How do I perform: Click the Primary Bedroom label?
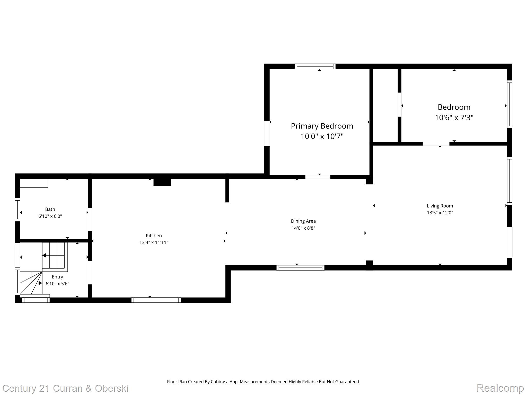pos(322,126)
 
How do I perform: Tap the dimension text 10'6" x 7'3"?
pos(454,118)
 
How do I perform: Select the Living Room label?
pos(440,206)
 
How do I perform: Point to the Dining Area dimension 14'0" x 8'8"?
pos(303,228)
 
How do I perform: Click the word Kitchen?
pos(154,236)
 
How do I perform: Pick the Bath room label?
pos(50,209)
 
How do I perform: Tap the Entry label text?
pos(57,277)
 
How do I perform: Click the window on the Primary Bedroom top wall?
pos(315,66)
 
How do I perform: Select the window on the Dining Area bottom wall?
pos(300,268)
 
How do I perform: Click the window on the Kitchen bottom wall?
pos(156,300)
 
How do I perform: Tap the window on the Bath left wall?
pos(17,210)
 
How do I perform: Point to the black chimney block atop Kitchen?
pos(162,182)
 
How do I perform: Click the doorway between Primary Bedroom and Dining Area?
pos(318,177)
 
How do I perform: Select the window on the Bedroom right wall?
pos(510,104)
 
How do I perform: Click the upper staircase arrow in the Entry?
pos(44,255)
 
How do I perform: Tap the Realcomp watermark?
pos(500,388)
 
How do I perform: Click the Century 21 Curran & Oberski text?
pos(65,388)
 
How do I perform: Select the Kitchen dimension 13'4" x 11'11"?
pos(154,243)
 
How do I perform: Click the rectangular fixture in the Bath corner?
pos(34,183)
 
